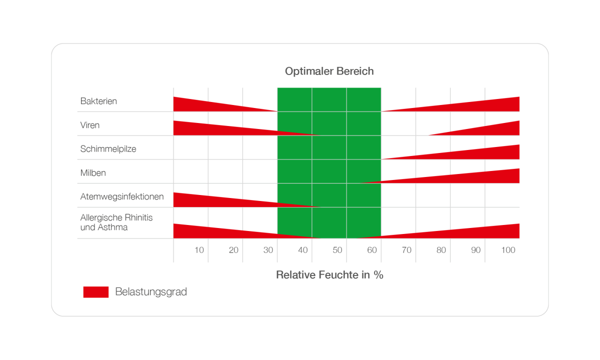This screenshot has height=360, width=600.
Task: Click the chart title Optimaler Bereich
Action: [329, 71]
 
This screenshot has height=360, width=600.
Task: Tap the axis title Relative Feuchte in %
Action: [329, 275]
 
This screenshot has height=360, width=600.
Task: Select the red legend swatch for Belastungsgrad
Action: [96, 292]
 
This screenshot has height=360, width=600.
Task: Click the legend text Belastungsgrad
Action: [151, 292]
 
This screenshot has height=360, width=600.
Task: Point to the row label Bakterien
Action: [98, 101]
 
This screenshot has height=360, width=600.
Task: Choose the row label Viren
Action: [89, 125]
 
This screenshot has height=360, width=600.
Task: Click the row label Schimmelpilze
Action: [108, 149]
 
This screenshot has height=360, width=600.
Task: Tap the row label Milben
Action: [93, 173]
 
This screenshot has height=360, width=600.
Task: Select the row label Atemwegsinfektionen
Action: [122, 196]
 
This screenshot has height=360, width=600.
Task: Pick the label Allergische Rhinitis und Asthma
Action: [116, 222]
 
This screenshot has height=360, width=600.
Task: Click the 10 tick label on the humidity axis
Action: [199, 250]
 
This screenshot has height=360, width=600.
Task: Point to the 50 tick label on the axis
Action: [337, 250]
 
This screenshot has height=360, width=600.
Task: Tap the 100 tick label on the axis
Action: [508, 250]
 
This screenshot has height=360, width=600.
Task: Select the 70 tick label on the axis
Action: [406, 250]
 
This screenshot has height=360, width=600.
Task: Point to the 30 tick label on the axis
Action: [268, 250]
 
